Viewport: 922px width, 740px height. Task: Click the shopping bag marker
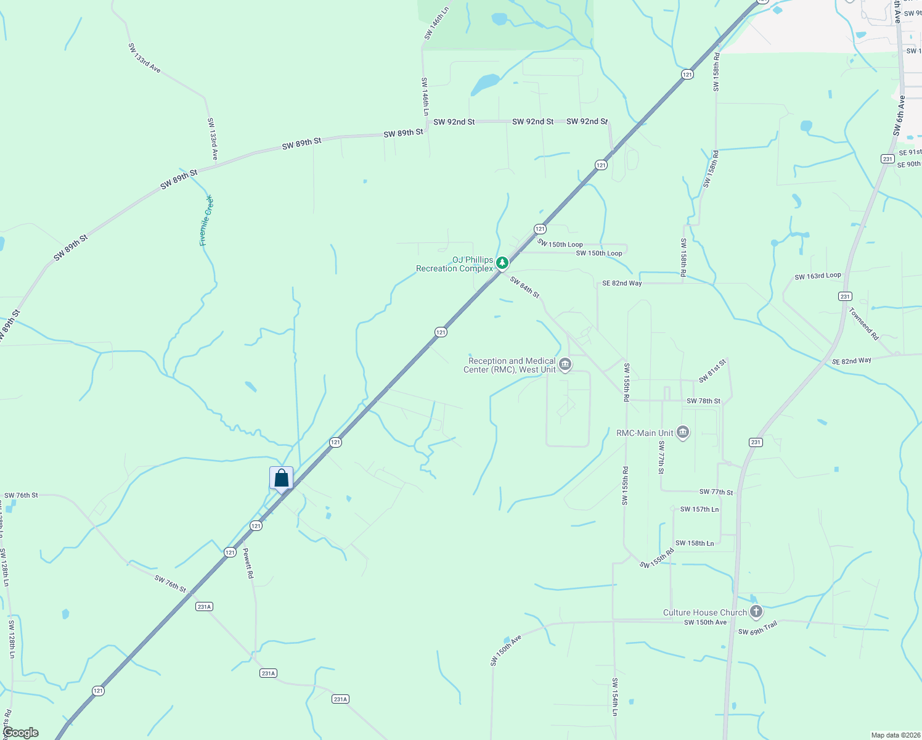tap(282, 479)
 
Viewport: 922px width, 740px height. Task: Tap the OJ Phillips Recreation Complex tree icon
tap(502, 263)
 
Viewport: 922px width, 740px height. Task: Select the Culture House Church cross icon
tap(756, 612)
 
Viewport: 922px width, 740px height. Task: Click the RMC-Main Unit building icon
tap(682, 433)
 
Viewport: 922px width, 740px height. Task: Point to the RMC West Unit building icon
tap(565, 365)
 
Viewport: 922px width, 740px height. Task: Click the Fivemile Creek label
tap(206, 221)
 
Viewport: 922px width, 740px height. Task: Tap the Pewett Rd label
tap(248, 563)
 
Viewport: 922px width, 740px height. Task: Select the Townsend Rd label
tap(864, 324)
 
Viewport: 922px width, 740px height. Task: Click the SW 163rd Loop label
tap(817, 276)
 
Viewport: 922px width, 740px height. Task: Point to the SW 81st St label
tap(712, 370)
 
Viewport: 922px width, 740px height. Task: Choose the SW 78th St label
tap(703, 401)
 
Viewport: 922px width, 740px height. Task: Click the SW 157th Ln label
tap(699, 509)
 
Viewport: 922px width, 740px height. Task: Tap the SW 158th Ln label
tap(694, 543)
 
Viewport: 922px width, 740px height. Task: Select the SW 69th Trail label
tap(757, 628)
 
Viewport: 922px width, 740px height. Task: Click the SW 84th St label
tap(524, 287)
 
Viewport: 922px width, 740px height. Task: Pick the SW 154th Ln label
tap(614, 697)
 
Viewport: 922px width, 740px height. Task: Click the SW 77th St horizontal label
tap(716, 492)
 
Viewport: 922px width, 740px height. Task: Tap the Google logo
tap(20, 733)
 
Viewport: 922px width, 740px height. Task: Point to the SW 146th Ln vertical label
tap(425, 96)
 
